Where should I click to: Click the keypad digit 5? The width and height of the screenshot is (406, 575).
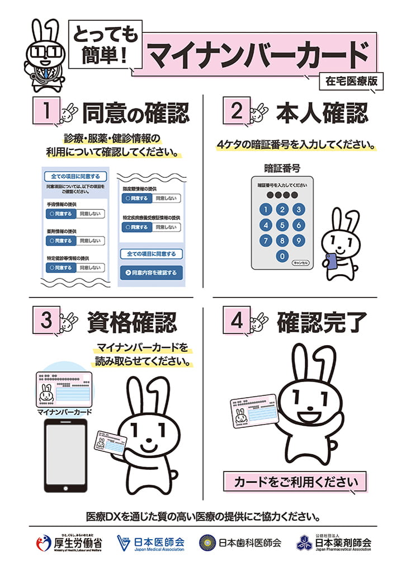pos(282,225)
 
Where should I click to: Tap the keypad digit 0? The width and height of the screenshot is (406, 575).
pos(282,257)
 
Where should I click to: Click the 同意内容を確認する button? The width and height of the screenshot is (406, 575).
pos(151,273)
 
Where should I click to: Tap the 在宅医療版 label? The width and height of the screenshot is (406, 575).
pos(351,81)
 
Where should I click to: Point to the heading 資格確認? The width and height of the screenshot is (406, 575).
pos(132,322)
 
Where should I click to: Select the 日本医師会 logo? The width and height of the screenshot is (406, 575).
pos(150,543)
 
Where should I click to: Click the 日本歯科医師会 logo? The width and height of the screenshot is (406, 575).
pos(240,543)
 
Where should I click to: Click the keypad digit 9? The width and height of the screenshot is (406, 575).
pos(299,241)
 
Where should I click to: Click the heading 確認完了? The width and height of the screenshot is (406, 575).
pos(322,322)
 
